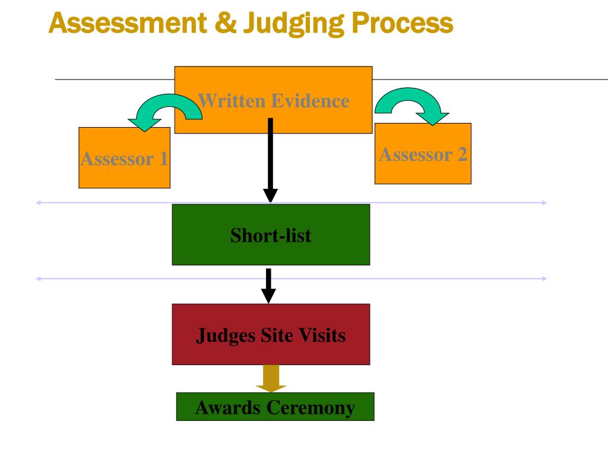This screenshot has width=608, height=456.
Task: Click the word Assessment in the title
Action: (x=128, y=23)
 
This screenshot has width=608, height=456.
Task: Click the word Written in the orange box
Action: (x=232, y=101)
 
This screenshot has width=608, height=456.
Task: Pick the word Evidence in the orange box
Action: (x=311, y=101)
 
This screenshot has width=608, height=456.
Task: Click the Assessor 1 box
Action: (x=125, y=158)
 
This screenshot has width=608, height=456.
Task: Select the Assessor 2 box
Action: (x=423, y=154)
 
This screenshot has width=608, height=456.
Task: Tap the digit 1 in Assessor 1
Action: (x=163, y=159)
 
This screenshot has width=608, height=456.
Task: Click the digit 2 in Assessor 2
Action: (x=462, y=154)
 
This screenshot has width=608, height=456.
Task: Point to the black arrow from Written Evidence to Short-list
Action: (x=270, y=160)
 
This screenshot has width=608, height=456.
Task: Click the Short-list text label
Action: (x=271, y=235)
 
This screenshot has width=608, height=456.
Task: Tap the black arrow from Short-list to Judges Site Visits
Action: (x=268, y=286)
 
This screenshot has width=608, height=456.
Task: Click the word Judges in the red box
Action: (x=226, y=336)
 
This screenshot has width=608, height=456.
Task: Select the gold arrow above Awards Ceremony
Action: (x=271, y=378)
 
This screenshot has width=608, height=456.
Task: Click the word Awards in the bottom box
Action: (x=228, y=407)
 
